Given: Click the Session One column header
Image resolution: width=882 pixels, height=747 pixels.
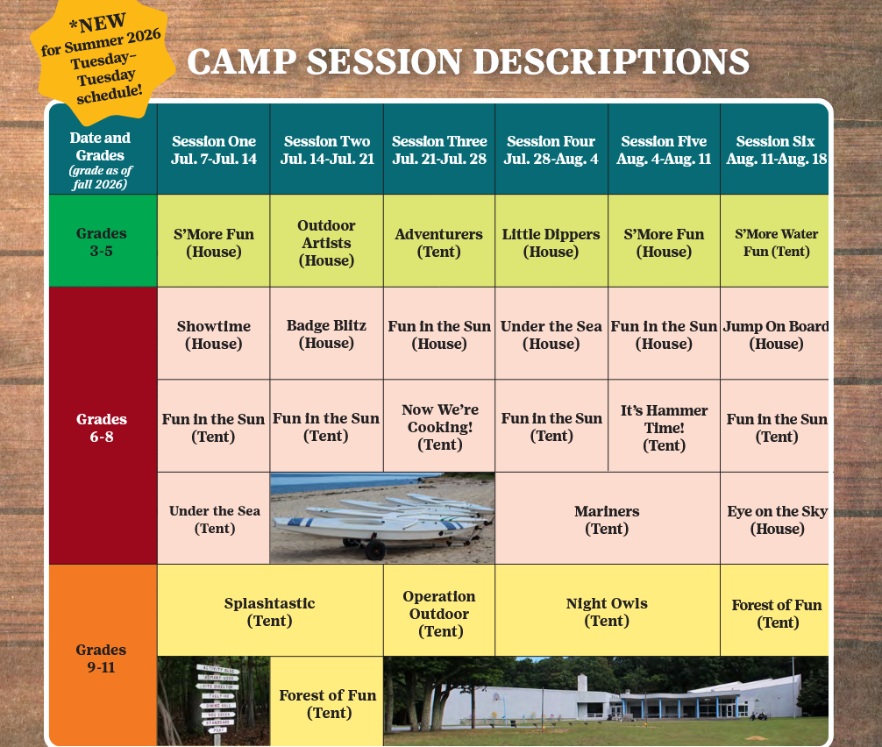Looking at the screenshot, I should point(214,150).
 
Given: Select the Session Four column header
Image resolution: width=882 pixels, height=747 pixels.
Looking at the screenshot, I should point(551,150).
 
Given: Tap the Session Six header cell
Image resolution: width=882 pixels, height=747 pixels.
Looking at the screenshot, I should point(775,150).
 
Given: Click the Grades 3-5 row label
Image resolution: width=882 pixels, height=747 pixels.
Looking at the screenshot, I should point(101,242).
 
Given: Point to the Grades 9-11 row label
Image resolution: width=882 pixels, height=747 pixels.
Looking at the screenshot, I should point(101,658).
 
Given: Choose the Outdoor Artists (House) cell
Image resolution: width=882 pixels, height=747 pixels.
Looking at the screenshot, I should point(326,243).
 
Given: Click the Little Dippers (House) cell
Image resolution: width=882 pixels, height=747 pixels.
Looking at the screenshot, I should point(551,243).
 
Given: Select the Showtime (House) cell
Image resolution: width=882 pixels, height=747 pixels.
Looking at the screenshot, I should point(214,334).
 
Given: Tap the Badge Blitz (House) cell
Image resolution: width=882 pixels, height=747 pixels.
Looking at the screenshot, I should point(326,334).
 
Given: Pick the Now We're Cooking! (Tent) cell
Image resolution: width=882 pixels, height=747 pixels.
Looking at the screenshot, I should point(439,427).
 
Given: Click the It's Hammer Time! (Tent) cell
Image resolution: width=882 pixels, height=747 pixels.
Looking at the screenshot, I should point(664,427).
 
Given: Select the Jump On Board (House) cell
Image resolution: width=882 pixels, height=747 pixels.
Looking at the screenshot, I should point(776,334).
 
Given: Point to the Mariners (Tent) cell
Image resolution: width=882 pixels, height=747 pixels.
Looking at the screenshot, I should point(607,519).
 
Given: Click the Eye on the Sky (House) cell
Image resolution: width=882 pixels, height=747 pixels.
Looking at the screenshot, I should point(776,519).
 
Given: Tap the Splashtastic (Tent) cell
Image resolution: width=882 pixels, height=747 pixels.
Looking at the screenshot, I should point(269,611).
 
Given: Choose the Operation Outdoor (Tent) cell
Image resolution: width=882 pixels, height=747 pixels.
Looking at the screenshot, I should point(439,613).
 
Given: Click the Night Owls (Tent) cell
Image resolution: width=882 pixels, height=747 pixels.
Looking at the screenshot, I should point(607,611).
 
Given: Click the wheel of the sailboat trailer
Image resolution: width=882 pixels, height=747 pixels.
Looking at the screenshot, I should point(375,551).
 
